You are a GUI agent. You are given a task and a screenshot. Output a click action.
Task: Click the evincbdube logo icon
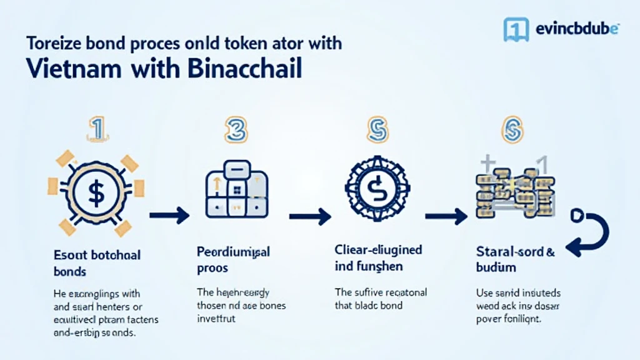pyautogui.click(x=515, y=28)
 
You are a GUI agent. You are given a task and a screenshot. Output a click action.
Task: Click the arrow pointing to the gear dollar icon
pyautogui.click(x=310, y=216)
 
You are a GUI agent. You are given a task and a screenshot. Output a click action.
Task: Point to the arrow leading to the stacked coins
pyautogui.click(x=446, y=216)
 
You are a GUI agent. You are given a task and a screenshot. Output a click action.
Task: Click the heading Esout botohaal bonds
pyautogui.click(x=97, y=263)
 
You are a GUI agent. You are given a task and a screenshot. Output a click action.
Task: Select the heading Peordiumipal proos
pyautogui.click(x=232, y=259)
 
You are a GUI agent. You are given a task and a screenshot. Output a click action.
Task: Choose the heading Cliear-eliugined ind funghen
pyautogui.click(x=378, y=258)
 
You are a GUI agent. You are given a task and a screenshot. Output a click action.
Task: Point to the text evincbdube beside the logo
pyautogui.click(x=577, y=28)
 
